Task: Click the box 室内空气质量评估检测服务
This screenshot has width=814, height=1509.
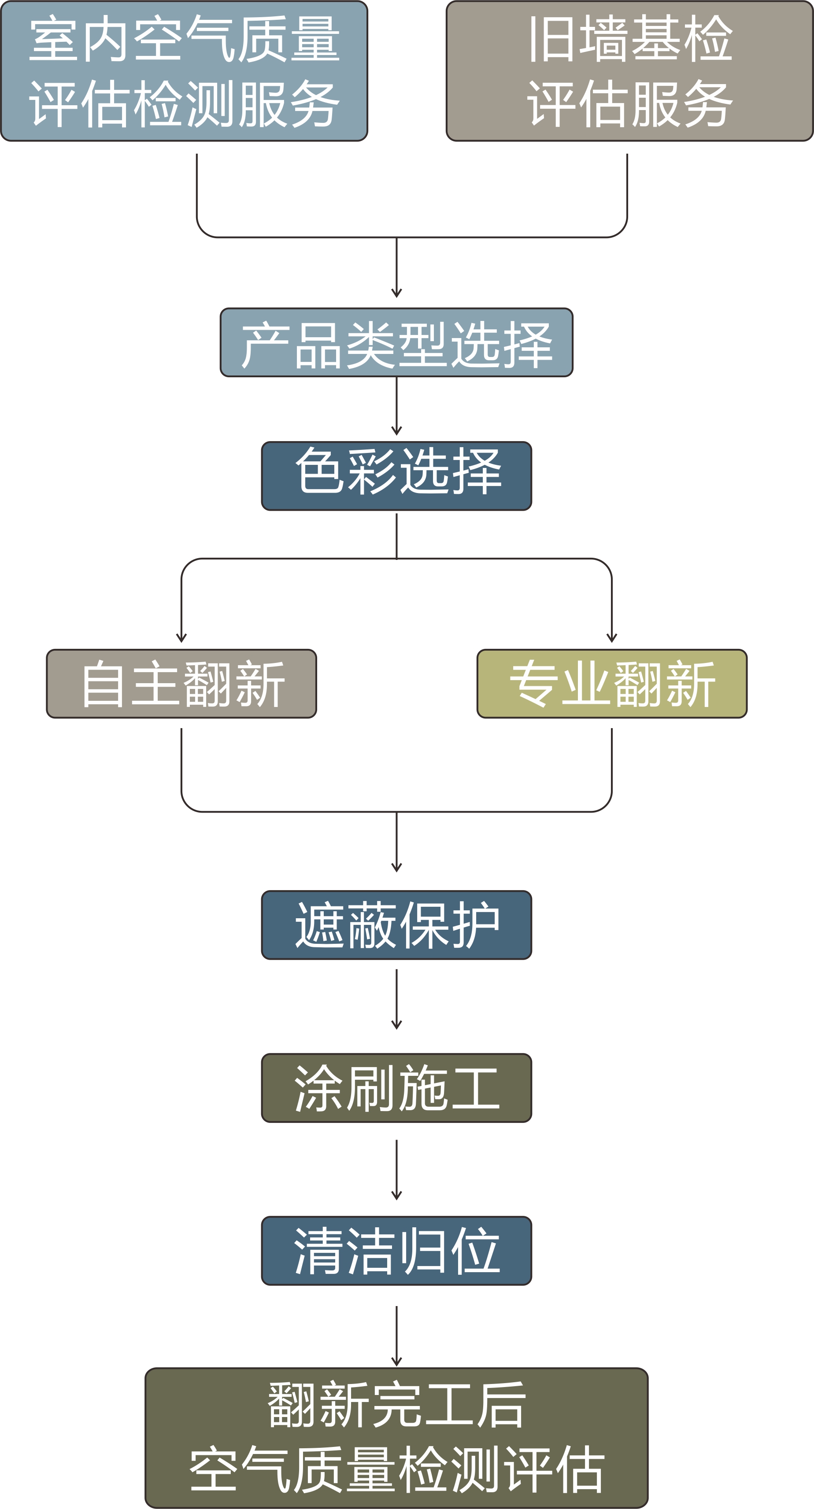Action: pyautogui.click(x=184, y=71)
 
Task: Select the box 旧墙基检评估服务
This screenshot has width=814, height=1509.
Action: pyautogui.click(x=629, y=71)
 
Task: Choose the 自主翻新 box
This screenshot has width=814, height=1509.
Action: pyautogui.click(x=181, y=683)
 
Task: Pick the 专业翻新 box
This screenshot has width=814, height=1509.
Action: pyautogui.click(x=612, y=683)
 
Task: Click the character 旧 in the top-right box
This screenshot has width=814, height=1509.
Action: pyautogui.click(x=551, y=39)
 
